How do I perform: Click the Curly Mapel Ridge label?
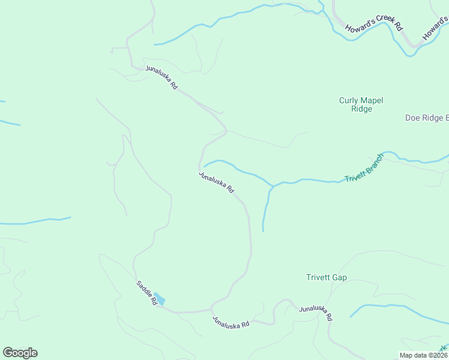click(x=361, y=105)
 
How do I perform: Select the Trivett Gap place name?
click(x=327, y=278)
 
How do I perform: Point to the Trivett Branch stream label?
click(x=364, y=169)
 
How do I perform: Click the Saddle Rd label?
click(x=146, y=293)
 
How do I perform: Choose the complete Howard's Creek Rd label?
click(x=373, y=28)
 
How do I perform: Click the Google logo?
click(x=20, y=353)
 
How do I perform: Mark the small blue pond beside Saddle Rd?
click(x=160, y=299)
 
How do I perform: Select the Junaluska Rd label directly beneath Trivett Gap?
click(x=316, y=313)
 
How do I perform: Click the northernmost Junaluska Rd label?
click(x=161, y=77)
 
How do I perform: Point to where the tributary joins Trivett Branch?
click(x=273, y=186)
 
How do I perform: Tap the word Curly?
click(x=349, y=101)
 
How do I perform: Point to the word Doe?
click(x=412, y=118)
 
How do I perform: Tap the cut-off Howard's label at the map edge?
click(x=435, y=29)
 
